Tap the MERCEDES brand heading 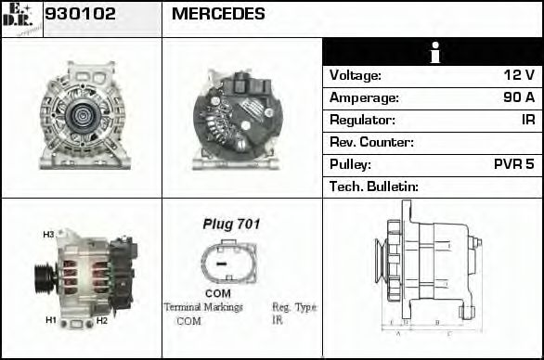(x=218, y=14)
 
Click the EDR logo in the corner (x=21, y=19)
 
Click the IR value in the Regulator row (x=527, y=120)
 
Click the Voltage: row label (x=356, y=75)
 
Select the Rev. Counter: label (x=371, y=142)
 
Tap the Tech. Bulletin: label (x=374, y=186)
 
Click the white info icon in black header (x=433, y=53)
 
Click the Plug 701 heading (x=231, y=224)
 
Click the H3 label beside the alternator (x=48, y=235)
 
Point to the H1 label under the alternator (x=51, y=320)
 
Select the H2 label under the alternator (x=102, y=320)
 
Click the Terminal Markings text (x=202, y=307)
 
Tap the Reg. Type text (x=294, y=307)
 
